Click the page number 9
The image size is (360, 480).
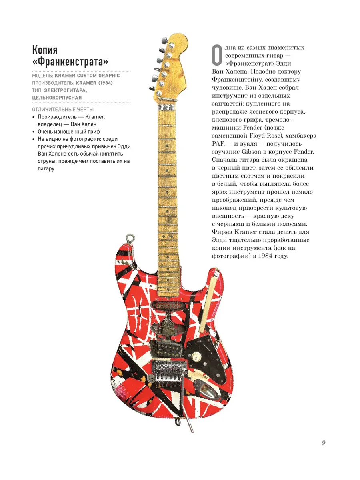pyautogui.click(x=324, y=443)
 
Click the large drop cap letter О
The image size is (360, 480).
pyautogui.click(x=217, y=55)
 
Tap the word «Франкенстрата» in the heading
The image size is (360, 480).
pyautogui.click(x=70, y=62)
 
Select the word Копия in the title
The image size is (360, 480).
pyautogui.click(x=45, y=50)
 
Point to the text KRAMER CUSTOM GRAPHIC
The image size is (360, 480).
pyautogui.click(x=87, y=76)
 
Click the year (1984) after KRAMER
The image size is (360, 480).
pyautogui.click(x=105, y=83)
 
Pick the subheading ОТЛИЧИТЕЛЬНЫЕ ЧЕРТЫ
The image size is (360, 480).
pyautogui.click(x=63, y=109)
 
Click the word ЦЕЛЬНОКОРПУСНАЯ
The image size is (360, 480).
pyautogui.click(x=57, y=98)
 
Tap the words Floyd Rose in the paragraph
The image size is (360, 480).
pyautogui.click(x=265, y=136)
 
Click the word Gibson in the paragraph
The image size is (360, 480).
pyautogui.click(x=251, y=152)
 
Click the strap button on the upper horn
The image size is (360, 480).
pyautogui.click(x=130, y=238)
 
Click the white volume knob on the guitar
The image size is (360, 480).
pyautogui.click(x=195, y=357)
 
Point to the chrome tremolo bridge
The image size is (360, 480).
pyautogui.click(x=169, y=371)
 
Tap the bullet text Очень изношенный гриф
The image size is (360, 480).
pyautogui.click(x=69, y=132)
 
